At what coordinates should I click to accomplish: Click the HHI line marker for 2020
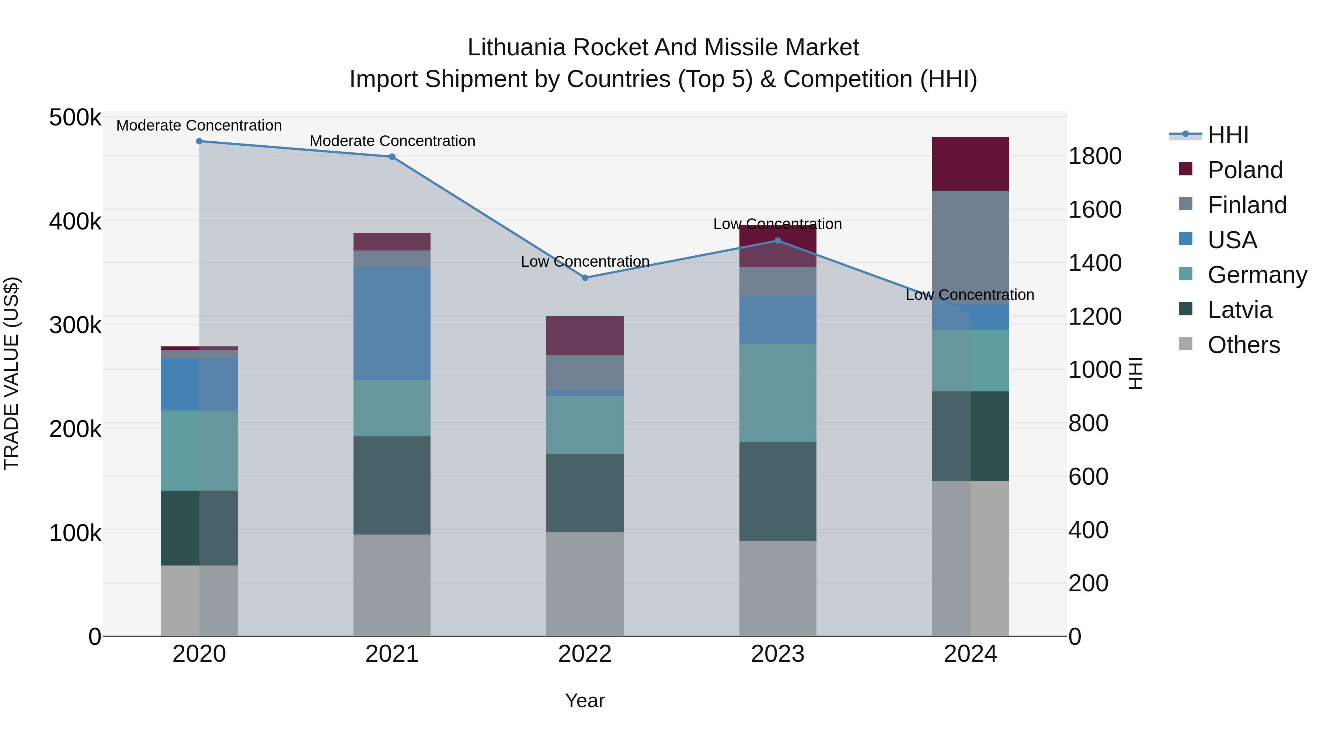(x=199, y=141)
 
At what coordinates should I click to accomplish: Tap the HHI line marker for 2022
(x=585, y=278)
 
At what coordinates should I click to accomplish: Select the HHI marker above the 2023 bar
(x=778, y=241)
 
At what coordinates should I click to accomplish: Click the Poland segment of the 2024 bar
(x=971, y=164)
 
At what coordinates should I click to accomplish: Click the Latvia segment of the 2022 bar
(x=585, y=493)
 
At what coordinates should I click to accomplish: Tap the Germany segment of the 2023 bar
(x=778, y=393)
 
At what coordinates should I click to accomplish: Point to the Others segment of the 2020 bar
(x=199, y=601)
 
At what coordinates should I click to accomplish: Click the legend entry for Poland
(x=1244, y=170)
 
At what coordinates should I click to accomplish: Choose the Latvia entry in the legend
(x=1239, y=310)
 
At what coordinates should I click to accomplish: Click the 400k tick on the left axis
(x=75, y=222)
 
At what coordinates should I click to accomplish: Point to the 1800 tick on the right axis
(x=1095, y=156)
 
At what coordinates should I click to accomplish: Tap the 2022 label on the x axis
(x=585, y=654)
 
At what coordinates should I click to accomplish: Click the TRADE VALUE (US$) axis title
(x=11, y=373)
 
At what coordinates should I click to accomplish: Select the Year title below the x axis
(x=585, y=701)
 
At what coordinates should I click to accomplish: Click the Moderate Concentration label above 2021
(x=392, y=141)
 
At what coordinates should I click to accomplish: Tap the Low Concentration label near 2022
(x=585, y=262)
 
